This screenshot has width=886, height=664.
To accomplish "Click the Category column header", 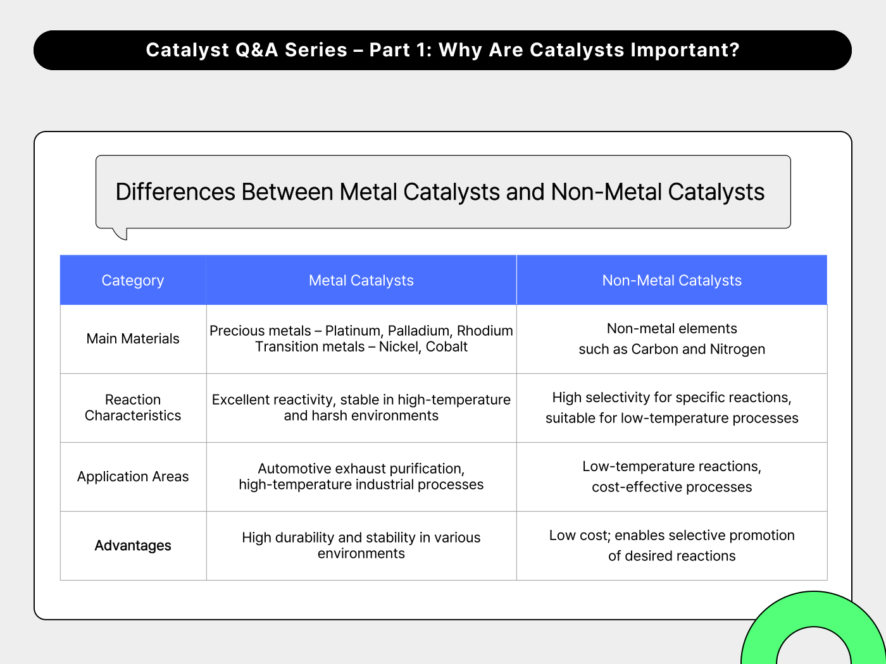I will coord(133,280).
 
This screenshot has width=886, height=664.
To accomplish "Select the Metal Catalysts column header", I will coord(361,280).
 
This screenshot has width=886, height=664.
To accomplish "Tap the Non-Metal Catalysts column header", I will coord(671,280).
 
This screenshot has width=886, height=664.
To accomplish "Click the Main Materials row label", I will coord(133,339).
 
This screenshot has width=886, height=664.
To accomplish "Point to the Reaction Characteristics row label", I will coord(133,408).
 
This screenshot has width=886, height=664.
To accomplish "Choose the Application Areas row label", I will coord(133,477).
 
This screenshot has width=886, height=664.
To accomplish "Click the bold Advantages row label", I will coord(133,546).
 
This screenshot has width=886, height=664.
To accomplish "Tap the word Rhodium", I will coord(485,331).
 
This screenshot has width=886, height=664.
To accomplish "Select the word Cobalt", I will coord(446,347).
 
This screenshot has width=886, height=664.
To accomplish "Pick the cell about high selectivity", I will coord(671,408).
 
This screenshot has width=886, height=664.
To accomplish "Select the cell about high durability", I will coord(361,545).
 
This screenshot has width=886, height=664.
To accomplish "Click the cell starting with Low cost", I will coord(671,545).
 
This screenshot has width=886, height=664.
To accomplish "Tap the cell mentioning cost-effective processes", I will coord(671,477).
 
